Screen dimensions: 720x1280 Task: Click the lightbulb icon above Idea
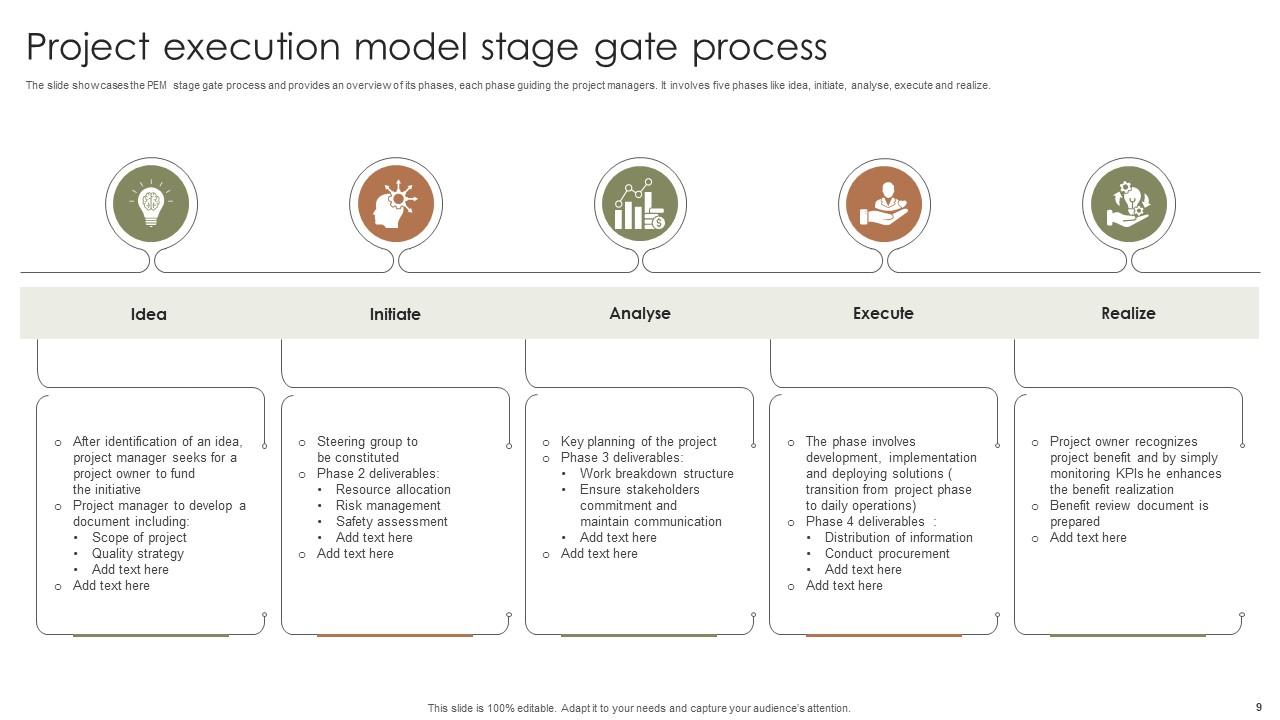151,205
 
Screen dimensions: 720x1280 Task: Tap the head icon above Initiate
396,205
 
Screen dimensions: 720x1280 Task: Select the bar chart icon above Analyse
640,205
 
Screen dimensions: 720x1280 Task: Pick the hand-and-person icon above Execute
884,205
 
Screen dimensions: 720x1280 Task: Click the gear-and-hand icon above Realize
1128,205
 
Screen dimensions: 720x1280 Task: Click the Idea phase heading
149,314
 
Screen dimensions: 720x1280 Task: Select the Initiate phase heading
395,314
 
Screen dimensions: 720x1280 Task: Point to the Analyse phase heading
640,313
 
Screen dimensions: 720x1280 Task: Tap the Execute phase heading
883,313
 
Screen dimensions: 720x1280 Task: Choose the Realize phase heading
1128,313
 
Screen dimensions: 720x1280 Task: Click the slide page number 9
1258,707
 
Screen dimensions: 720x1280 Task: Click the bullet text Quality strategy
138,553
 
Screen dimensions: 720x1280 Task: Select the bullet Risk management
388,505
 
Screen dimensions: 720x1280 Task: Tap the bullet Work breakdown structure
656,473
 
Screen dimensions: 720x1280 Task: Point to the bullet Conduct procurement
887,553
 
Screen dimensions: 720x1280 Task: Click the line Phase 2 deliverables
378,473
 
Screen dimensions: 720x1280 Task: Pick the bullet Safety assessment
391,521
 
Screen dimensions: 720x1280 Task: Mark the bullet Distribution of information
898,537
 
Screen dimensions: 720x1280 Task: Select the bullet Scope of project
139,537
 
